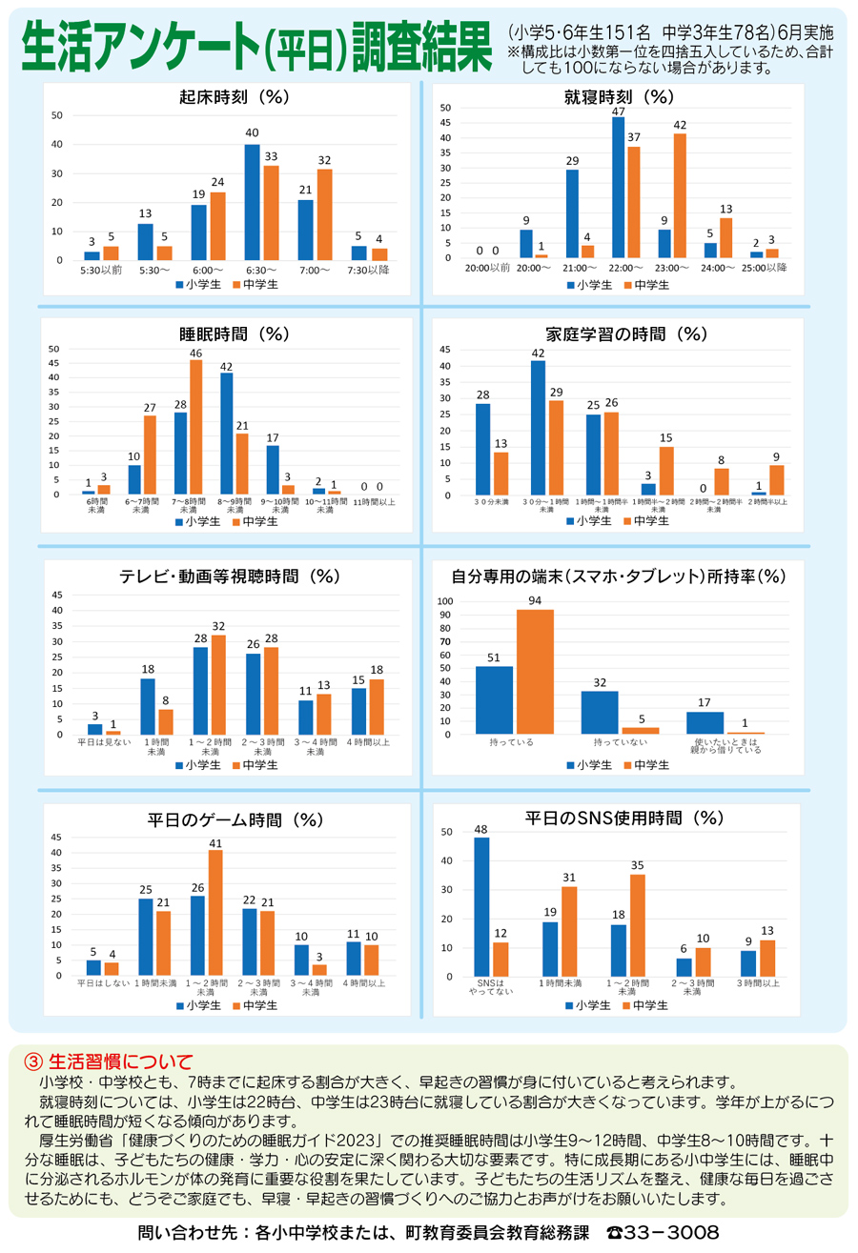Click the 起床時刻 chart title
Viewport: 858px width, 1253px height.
point(234,97)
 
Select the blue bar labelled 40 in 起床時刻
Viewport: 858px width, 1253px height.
point(252,202)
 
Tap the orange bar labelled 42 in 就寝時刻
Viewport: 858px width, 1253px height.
point(680,195)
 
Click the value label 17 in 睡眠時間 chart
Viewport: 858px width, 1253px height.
point(273,437)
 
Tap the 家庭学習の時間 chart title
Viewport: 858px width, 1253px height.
point(625,333)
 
